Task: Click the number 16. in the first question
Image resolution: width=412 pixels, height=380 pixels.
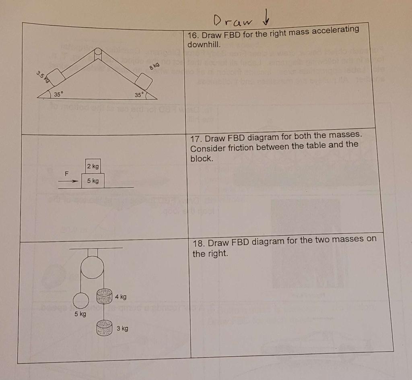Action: click(194, 35)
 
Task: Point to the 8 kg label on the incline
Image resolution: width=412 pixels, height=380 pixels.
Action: click(154, 66)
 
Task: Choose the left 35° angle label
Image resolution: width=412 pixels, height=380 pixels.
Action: click(59, 95)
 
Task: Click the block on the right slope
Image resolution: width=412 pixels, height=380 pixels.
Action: click(144, 82)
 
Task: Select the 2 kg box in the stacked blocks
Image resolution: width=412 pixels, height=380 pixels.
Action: click(93, 166)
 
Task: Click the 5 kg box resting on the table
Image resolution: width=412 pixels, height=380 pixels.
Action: click(93, 181)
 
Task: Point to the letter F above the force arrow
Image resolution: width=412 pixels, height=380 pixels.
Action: click(67, 173)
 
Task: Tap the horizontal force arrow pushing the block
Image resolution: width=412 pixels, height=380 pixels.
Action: click(67, 181)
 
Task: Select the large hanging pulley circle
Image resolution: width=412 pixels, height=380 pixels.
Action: click(92, 267)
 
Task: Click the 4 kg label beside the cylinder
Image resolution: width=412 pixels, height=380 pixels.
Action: click(120, 297)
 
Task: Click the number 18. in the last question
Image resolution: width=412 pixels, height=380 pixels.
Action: click(199, 244)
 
